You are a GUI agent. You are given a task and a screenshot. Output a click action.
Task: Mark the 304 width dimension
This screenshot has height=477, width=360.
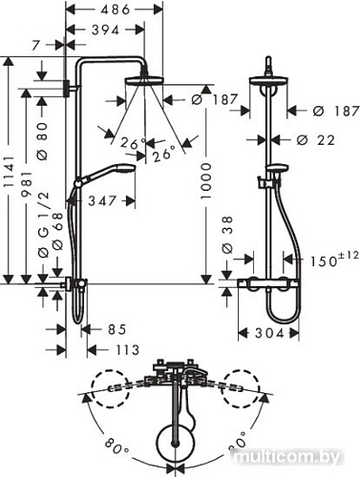click(276, 334)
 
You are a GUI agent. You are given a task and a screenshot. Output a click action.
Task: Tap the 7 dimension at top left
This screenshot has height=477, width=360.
click(36, 46)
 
